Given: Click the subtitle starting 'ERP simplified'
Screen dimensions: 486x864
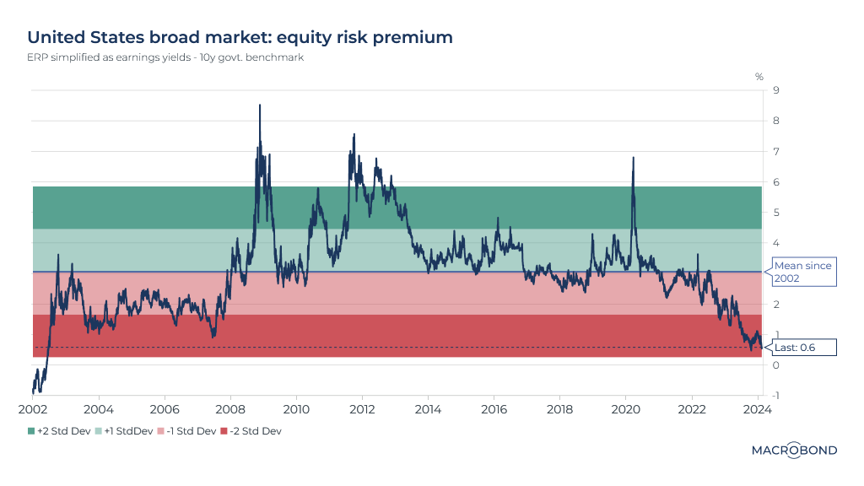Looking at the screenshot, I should (x=165, y=58).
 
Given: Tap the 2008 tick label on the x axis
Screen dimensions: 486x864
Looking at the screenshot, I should (x=230, y=409).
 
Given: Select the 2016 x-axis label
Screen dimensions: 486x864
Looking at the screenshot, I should (x=494, y=409).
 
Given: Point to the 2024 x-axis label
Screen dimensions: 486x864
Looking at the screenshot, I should (x=758, y=409).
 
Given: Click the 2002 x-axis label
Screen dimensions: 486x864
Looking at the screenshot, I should (x=33, y=409).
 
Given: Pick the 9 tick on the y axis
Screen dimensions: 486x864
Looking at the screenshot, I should (x=775, y=90).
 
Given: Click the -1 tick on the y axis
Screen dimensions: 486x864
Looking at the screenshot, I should (x=774, y=395).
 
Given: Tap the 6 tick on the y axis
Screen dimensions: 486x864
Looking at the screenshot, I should (x=775, y=182).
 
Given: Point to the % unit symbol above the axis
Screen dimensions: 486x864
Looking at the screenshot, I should (x=759, y=77).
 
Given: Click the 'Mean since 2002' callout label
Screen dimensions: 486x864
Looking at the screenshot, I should (x=802, y=272).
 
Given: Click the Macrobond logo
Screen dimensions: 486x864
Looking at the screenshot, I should (x=794, y=451).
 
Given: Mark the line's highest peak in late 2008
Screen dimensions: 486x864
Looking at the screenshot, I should (x=260, y=105).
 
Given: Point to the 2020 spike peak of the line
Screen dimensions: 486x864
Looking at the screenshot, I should (x=633, y=158).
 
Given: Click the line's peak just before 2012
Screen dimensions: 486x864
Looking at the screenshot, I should (x=354, y=133).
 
